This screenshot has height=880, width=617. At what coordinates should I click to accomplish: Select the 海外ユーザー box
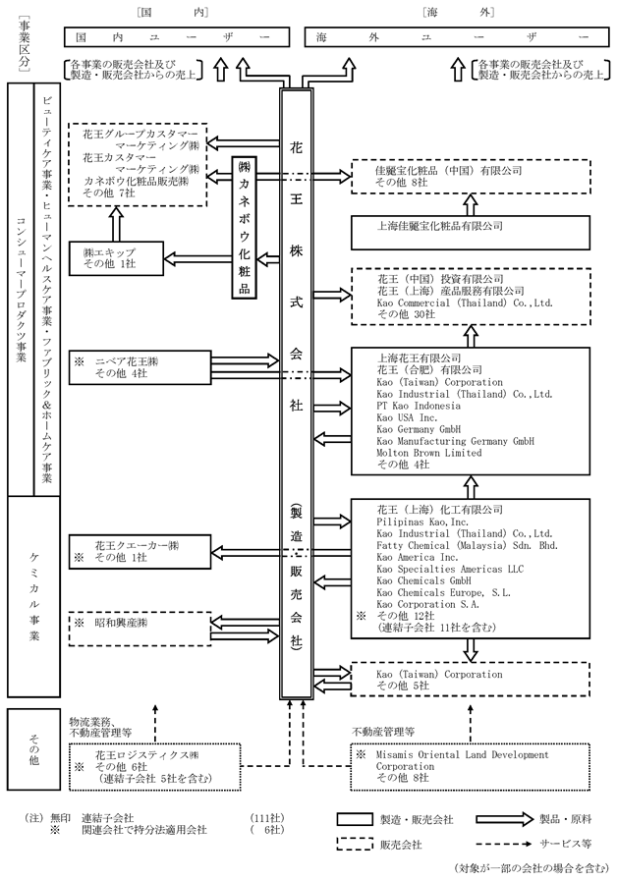449,36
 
